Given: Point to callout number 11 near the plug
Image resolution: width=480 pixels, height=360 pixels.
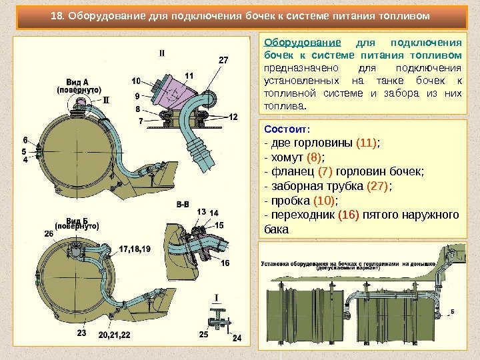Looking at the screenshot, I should point(189,75).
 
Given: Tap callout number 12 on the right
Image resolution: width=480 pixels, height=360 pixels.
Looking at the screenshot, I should point(233,117).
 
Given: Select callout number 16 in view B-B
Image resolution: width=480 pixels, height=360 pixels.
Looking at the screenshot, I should point(225,263).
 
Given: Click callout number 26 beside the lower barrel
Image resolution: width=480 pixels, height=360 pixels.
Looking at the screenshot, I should point(49,233).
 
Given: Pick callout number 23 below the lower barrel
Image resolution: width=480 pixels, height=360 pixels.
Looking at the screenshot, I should point(82,332).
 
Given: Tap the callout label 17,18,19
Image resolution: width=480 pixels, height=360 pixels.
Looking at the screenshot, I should point(136,249).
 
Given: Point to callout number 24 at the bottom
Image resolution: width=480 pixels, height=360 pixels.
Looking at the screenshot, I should point(235,338).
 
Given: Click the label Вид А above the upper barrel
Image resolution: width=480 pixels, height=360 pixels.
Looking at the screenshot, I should point(78,81).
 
